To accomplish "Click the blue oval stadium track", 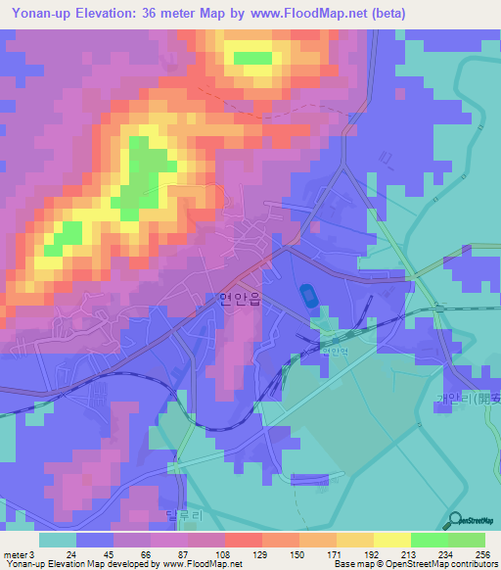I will tap(309, 295).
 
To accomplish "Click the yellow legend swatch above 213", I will tap(392, 540).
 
